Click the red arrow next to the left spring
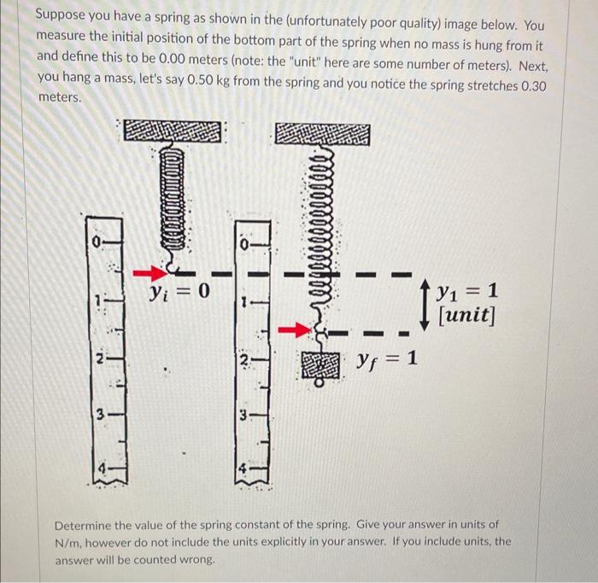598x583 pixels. [x=150, y=273]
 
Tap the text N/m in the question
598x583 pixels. [x=68, y=542]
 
